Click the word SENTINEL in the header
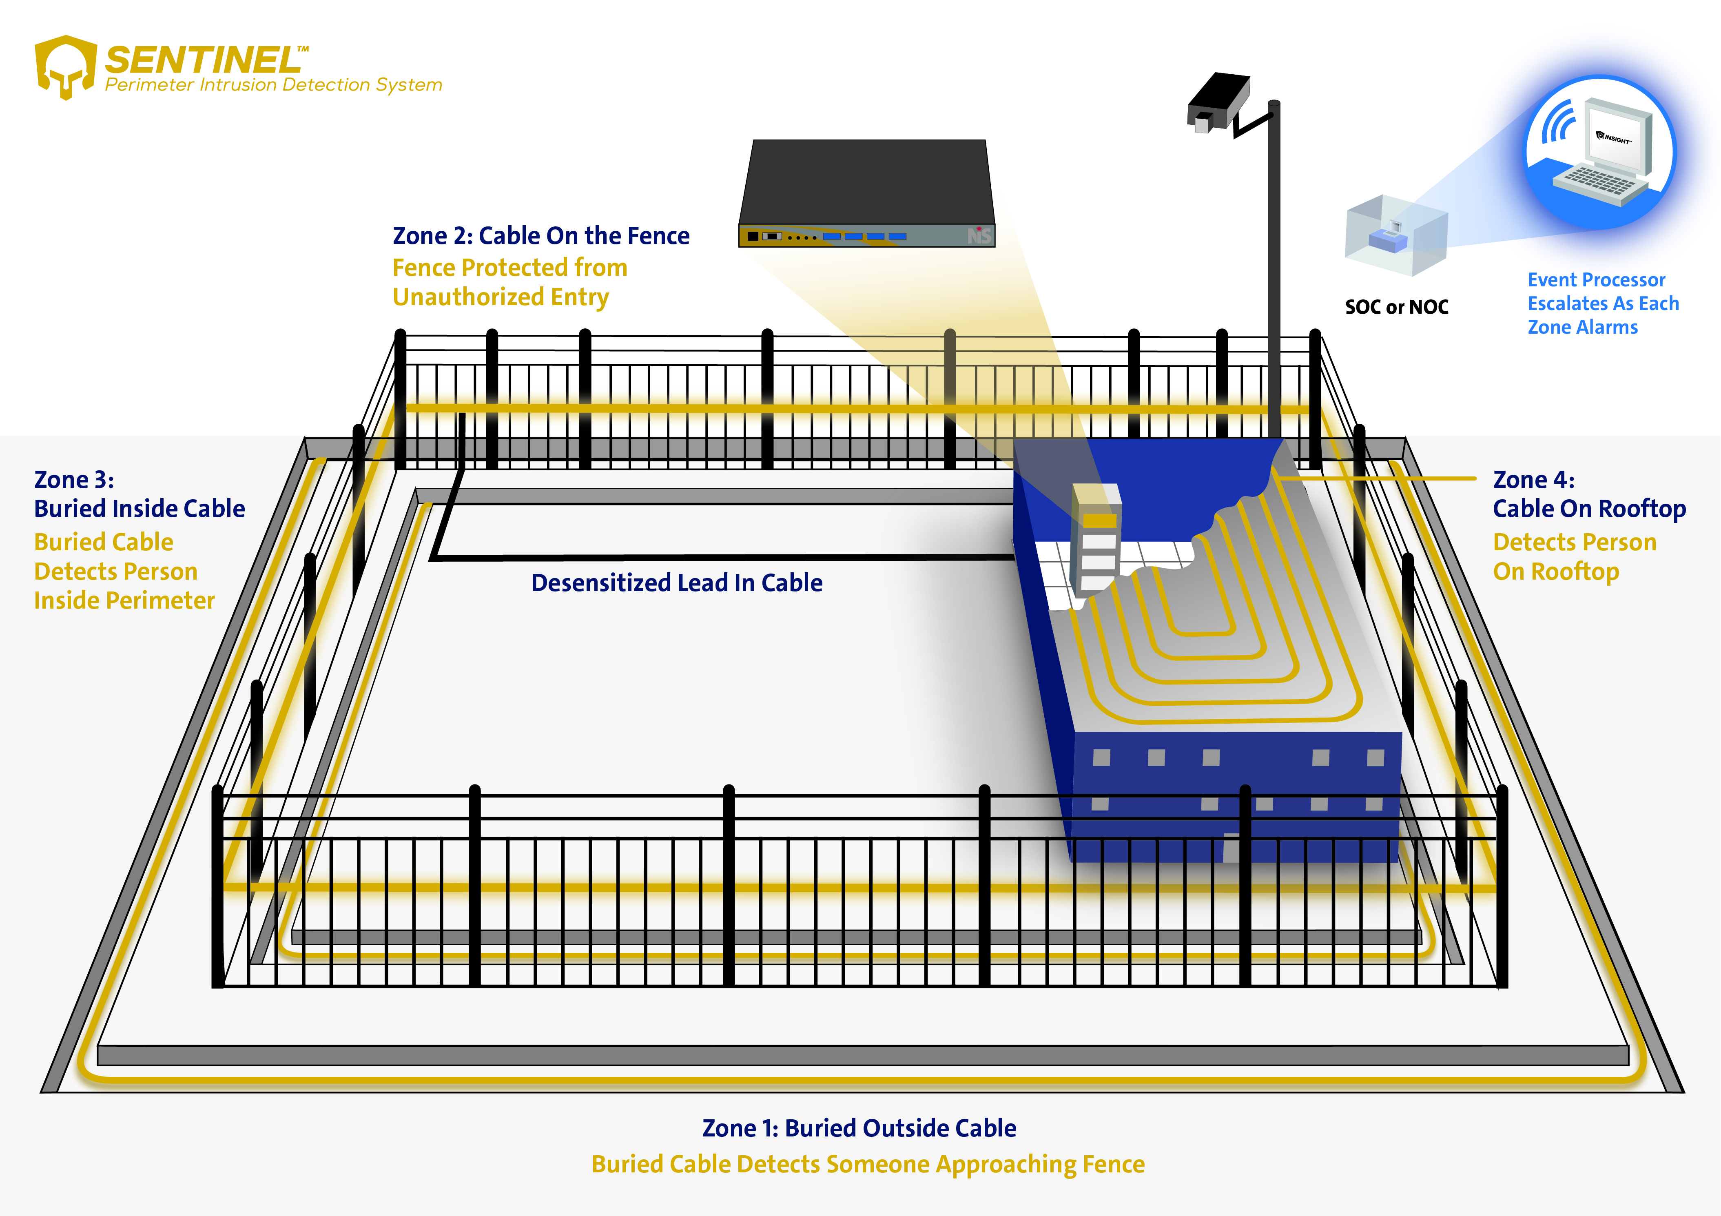(202, 60)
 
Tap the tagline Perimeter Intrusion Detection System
(274, 85)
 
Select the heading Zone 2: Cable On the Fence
(540, 235)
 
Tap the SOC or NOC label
(1396, 307)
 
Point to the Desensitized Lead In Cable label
(676, 583)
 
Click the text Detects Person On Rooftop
(1574, 556)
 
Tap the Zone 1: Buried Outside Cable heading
(859, 1127)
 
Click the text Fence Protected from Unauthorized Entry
(510, 282)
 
